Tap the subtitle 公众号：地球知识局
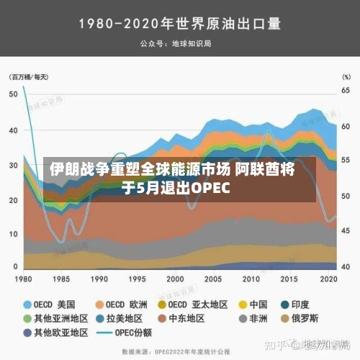(179, 44)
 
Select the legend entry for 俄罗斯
(321, 318)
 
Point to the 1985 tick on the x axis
(63, 279)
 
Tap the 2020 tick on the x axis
(329, 279)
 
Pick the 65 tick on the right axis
(346, 91)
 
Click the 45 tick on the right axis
(346, 231)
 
